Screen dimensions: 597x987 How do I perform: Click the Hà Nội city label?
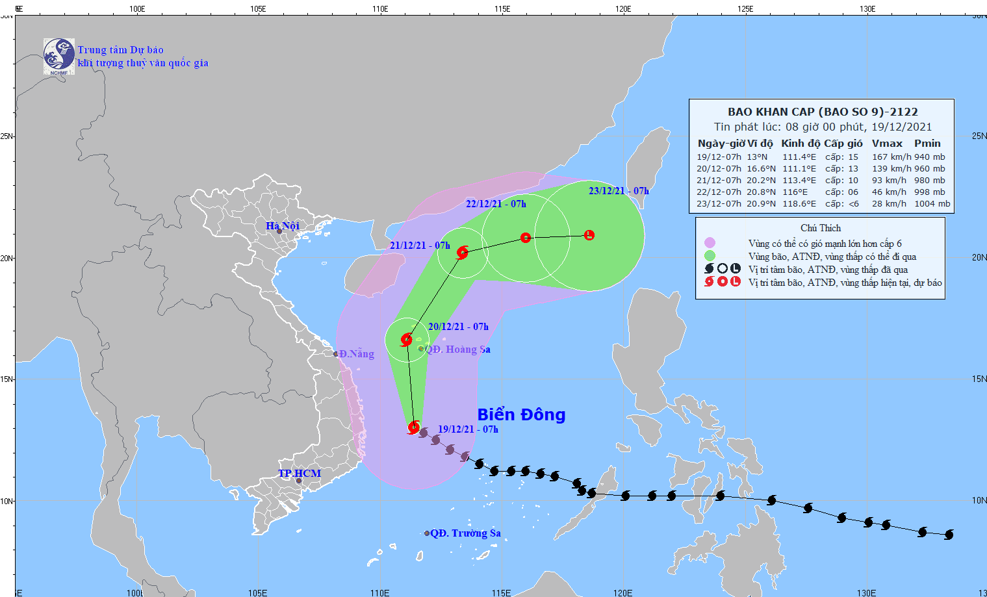(283, 225)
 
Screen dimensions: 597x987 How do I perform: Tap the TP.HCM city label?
(300, 473)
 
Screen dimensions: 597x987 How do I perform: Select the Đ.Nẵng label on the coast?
(356, 354)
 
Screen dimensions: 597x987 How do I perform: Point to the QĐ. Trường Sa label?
(465, 533)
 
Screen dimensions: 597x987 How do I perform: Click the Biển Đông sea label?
(521, 414)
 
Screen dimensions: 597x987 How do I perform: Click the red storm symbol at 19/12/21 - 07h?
(414, 427)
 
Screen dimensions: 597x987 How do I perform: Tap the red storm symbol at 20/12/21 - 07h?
(407, 339)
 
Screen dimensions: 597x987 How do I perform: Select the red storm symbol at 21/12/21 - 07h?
(462, 253)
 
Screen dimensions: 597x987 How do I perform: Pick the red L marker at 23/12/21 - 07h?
(589, 235)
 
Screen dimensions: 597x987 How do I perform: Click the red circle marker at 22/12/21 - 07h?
(526, 238)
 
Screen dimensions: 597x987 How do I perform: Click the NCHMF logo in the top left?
(58, 57)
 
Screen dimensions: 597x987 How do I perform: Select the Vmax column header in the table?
(887, 144)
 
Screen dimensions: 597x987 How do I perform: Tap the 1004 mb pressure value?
(932, 204)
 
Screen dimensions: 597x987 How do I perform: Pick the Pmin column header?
(927, 144)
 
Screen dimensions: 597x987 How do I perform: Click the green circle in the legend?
(710, 256)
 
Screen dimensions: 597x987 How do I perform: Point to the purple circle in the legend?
(710, 243)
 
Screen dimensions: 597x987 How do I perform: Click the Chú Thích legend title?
(821, 228)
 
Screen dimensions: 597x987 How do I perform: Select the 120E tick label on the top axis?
(623, 9)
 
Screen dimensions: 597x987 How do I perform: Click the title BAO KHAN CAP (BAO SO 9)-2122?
(823, 112)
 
